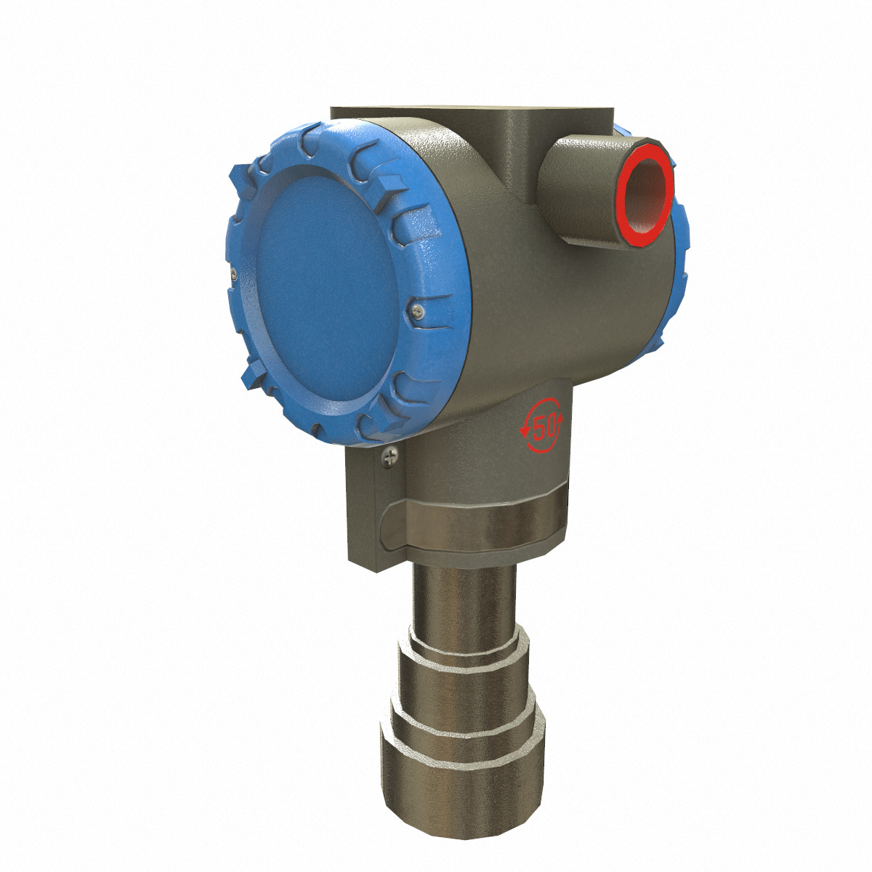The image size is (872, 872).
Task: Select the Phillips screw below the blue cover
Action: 390,456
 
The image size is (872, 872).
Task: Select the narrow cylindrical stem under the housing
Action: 465,596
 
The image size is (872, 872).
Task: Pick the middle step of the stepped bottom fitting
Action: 465,698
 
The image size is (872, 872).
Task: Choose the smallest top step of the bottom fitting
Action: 465,647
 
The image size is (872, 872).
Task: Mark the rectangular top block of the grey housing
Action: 472,124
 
